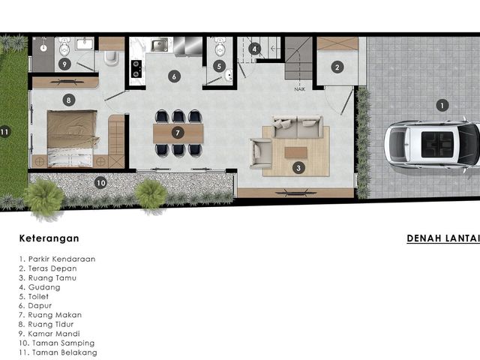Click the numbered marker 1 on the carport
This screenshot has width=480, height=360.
(442, 106)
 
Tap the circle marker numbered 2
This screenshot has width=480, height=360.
(337, 67)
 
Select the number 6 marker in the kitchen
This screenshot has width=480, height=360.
(174, 76)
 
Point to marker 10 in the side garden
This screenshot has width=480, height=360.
(100, 183)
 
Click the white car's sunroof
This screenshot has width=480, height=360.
(437, 144)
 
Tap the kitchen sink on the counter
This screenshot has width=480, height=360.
(159, 45)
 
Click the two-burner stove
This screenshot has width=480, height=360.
(136, 68)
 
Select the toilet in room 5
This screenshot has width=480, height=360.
(220, 46)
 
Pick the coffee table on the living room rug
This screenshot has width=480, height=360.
(295, 152)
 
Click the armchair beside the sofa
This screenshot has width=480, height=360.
(260, 153)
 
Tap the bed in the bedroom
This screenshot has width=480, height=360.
(72, 139)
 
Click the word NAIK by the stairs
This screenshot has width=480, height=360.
(300, 89)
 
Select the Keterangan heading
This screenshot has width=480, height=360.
(49, 238)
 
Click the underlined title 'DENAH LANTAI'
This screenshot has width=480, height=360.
(443, 238)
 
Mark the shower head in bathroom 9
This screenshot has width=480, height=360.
(43, 47)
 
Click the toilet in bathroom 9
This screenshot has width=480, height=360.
(64, 46)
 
